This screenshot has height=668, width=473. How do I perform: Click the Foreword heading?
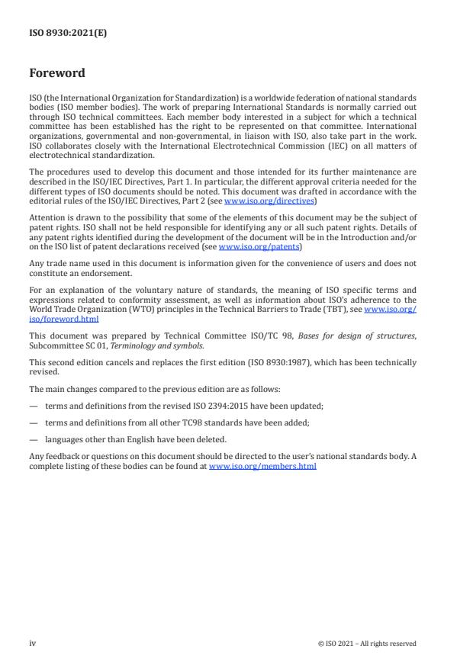(57, 74)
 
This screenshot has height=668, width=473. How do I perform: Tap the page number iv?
(32, 643)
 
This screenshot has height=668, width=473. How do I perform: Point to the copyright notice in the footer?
(367, 644)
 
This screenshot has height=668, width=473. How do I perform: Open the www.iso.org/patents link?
(248, 247)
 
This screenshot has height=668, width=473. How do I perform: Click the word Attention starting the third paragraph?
(46, 217)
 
